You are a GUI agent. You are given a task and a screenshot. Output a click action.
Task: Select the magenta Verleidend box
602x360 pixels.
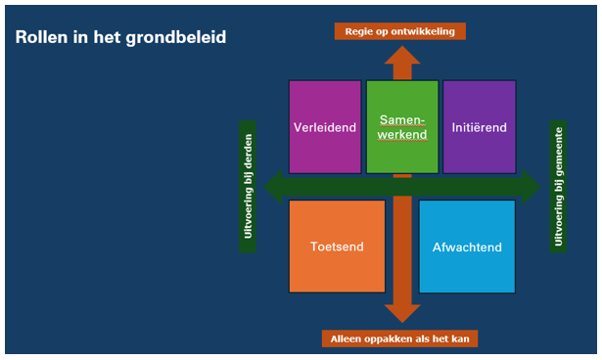325,127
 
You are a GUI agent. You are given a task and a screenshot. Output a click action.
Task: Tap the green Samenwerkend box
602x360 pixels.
401,127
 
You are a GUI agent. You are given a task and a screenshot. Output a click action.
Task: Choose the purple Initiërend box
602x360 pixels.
479,127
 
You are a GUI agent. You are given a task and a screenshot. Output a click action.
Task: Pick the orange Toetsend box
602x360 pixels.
337,247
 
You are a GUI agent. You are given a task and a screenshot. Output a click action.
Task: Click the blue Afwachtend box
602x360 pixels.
467,247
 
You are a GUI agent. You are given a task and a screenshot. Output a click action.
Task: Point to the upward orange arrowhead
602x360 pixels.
401,54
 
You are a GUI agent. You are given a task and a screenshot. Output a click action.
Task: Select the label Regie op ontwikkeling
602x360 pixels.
399,31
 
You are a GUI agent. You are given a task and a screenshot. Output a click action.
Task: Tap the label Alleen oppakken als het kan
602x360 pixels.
399,339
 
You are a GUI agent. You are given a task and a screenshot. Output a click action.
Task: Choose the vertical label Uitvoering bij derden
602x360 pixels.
248,186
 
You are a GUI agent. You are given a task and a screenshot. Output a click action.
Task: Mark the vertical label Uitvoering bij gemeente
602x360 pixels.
558,186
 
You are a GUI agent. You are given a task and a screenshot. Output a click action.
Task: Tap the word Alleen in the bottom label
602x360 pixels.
347,339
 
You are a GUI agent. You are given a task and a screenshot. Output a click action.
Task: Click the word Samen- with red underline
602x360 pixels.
401,119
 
